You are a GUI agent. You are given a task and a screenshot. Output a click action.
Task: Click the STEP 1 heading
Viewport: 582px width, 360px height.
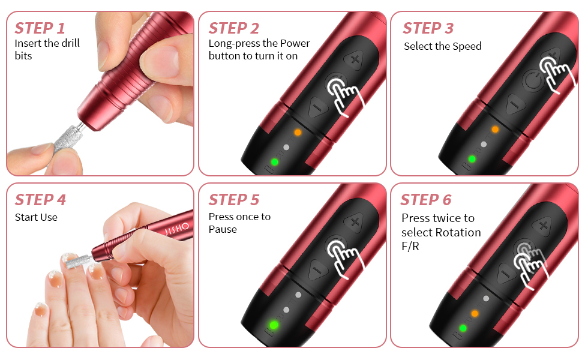pos(40,28)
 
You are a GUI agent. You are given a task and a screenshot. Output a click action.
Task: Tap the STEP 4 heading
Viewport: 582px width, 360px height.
pos(40,200)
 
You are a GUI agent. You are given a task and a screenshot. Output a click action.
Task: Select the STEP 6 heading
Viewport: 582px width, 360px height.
pos(426,200)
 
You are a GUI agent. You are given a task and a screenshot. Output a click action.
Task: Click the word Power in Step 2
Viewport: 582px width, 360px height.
pos(295,43)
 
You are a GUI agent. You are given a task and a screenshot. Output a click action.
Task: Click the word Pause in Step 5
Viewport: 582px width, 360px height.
pos(223,229)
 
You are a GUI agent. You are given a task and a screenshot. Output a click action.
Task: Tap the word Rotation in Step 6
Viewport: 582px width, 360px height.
pos(460,232)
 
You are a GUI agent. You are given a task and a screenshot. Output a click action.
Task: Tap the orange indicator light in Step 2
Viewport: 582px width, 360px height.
pos(298,132)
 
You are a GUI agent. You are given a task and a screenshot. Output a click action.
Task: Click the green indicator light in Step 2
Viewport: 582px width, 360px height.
pos(275,162)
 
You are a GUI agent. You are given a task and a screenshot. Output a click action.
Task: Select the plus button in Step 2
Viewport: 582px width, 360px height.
pos(355,59)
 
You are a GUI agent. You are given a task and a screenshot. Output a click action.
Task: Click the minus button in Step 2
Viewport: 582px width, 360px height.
pos(317,107)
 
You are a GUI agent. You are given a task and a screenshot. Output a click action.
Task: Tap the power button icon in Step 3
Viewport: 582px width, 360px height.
pos(533,80)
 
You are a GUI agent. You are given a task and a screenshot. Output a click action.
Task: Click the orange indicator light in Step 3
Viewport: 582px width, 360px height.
pos(495,129)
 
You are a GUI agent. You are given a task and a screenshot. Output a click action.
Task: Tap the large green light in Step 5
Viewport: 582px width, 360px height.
pos(274,325)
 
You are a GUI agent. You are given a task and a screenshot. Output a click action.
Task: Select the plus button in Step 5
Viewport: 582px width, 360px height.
pos(355,221)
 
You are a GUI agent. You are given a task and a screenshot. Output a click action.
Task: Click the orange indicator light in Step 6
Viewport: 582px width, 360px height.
pos(475,314)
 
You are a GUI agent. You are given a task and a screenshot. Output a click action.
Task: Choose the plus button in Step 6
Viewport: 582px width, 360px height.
pos(544,225)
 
